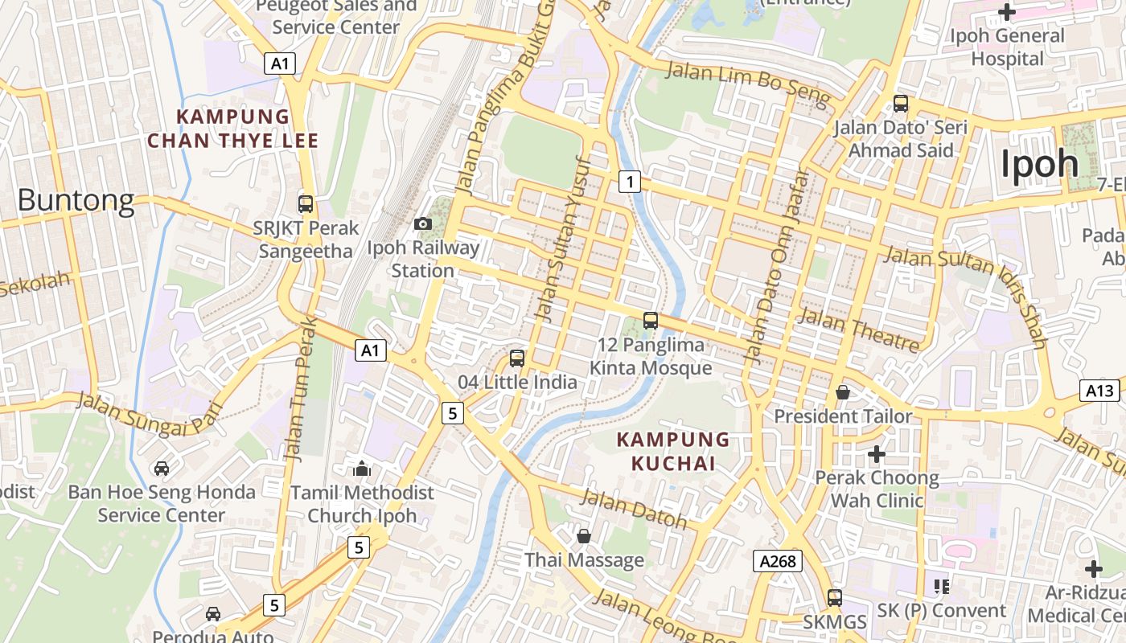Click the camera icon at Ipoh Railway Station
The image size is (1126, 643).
(x=422, y=223)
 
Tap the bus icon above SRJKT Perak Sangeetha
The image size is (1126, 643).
(x=305, y=203)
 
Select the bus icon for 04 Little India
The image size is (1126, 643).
(x=517, y=358)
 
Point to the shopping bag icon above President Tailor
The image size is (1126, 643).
(x=843, y=392)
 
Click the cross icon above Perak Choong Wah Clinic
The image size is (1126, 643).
(x=877, y=454)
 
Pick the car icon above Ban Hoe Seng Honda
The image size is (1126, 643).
(x=162, y=468)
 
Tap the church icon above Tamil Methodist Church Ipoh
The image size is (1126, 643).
(x=362, y=468)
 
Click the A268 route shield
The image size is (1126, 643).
(x=778, y=561)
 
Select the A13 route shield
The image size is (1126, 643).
(x=1099, y=391)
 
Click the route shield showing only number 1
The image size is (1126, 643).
(x=630, y=182)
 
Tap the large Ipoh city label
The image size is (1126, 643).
(x=1039, y=164)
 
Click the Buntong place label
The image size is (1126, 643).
(x=76, y=200)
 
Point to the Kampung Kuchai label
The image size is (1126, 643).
(x=673, y=452)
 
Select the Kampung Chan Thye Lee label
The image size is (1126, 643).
(x=232, y=129)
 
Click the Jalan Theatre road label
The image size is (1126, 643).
(x=857, y=330)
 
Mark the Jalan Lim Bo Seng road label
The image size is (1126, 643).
(x=748, y=84)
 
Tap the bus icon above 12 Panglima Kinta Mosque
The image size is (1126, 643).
(x=651, y=321)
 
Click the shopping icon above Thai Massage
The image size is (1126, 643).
(x=584, y=535)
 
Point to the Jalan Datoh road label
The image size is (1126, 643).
(x=634, y=509)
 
